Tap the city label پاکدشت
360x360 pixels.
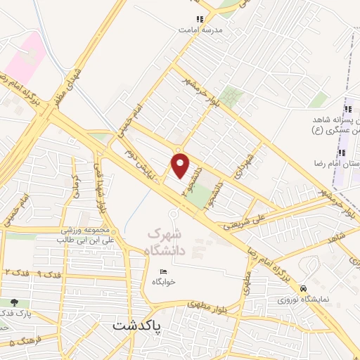pos(136,327)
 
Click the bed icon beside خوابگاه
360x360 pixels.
pos(163,271)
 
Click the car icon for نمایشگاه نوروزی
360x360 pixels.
pos(303,288)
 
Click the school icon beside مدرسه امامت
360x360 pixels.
pos(200,20)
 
